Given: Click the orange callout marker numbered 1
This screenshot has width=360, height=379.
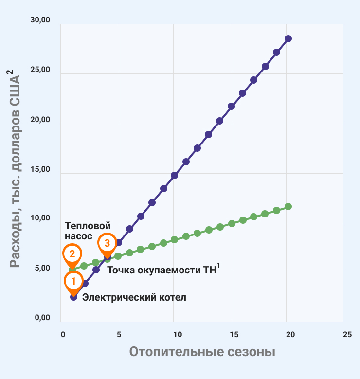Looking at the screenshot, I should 73,281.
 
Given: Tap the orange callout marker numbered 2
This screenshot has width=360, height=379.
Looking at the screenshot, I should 72,254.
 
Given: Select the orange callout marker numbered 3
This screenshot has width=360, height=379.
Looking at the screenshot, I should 107,242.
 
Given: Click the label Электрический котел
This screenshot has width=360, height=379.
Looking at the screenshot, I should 134,297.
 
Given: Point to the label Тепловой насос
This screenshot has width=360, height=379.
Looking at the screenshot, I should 88,231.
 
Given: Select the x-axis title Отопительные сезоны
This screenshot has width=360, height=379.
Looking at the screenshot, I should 202,352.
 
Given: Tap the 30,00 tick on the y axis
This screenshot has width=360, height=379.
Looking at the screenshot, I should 40,20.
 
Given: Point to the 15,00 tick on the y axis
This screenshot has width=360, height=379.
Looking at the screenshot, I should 40,170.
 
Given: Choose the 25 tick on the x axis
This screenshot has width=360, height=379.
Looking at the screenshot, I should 347,335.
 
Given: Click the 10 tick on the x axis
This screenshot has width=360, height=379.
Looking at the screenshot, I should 178,335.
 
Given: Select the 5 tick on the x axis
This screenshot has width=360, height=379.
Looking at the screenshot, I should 119,335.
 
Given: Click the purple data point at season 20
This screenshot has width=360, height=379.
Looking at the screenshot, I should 288,38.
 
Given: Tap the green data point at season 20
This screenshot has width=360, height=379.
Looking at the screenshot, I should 288,206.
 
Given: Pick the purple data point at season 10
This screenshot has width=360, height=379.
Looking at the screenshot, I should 174,175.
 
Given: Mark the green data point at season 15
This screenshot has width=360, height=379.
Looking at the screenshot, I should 232,223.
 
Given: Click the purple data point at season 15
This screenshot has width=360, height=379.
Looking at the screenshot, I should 231,106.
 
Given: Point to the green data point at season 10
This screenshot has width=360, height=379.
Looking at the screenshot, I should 174,239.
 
